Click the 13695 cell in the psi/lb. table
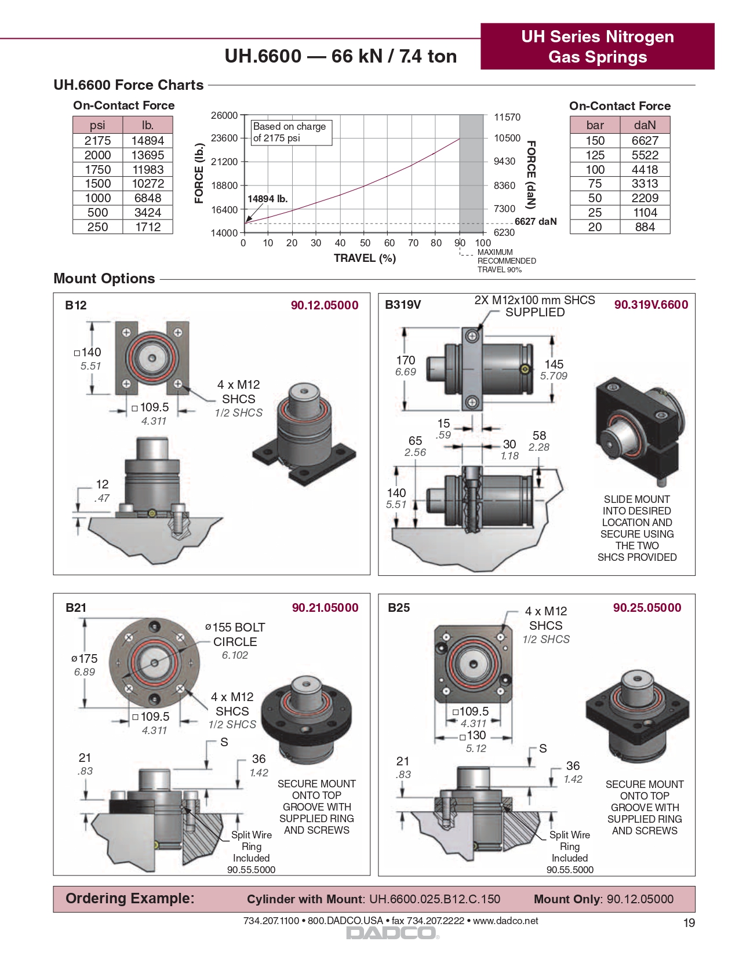click(148, 155)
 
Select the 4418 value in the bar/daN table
click(645, 170)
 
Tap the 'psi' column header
click(97, 125)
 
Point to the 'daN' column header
click(645, 125)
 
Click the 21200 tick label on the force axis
click(224, 162)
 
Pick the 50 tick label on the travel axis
click(365, 243)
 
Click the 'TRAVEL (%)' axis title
click(365, 258)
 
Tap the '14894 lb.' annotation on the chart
click(267, 199)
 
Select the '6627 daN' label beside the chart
click(536, 221)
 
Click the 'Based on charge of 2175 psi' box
click(290, 132)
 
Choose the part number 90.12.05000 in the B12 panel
click(325, 305)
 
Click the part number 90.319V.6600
click(651, 305)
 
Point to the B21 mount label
click(76, 608)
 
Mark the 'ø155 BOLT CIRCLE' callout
click(235, 634)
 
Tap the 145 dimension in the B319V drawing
click(554, 364)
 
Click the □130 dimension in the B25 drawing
click(473, 736)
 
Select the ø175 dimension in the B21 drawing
click(85, 659)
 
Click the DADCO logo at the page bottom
click(392, 933)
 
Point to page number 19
click(689, 923)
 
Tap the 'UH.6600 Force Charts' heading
click(128, 85)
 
